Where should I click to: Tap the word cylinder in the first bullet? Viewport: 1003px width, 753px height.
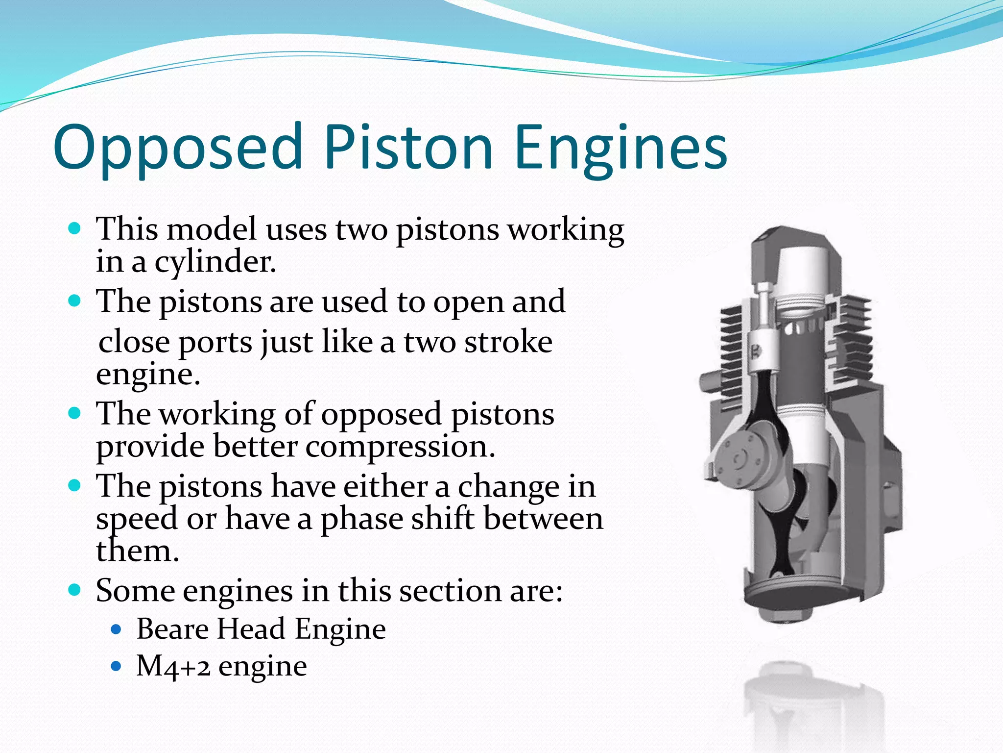[x=215, y=262]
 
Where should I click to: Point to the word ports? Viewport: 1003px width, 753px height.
[x=215, y=342]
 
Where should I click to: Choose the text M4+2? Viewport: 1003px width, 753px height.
[x=173, y=666]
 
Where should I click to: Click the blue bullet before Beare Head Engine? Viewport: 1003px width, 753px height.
[x=116, y=629]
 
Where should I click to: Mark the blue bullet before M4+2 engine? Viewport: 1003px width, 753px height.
[x=116, y=666]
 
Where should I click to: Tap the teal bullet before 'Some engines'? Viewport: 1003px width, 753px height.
[x=74, y=590]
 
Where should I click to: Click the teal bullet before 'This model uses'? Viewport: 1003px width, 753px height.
[x=74, y=228]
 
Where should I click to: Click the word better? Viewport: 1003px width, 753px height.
[x=255, y=447]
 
